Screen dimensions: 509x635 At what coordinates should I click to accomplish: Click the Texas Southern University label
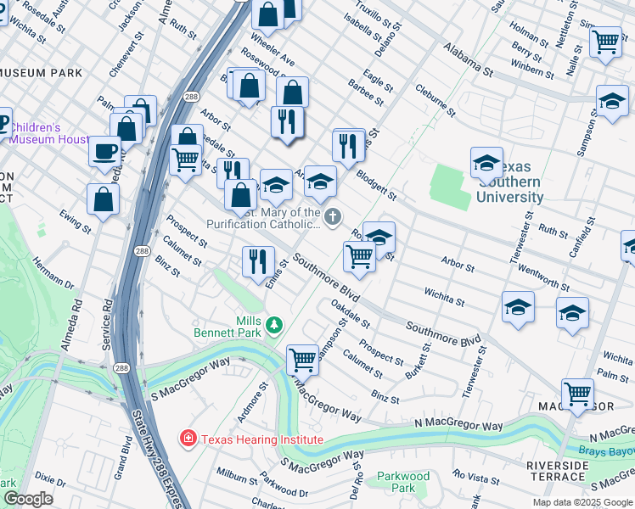pyautogui.click(x=509, y=182)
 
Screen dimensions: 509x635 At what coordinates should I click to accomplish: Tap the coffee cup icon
pyautogui.click(x=104, y=152)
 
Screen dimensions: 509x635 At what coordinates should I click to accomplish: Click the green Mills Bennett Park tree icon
pyautogui.click(x=273, y=324)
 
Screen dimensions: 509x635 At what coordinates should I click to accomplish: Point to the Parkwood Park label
pyautogui.click(x=403, y=482)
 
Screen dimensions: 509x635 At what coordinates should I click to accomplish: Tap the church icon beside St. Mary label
pyautogui.click(x=333, y=217)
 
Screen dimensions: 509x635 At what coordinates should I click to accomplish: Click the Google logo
pyautogui.click(x=27, y=499)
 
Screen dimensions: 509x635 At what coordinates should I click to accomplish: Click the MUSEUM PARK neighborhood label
pyautogui.click(x=41, y=74)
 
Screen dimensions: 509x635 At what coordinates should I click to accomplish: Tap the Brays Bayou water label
pyautogui.click(x=608, y=452)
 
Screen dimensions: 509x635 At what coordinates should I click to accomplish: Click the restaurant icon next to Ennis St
pyautogui.click(x=258, y=262)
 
